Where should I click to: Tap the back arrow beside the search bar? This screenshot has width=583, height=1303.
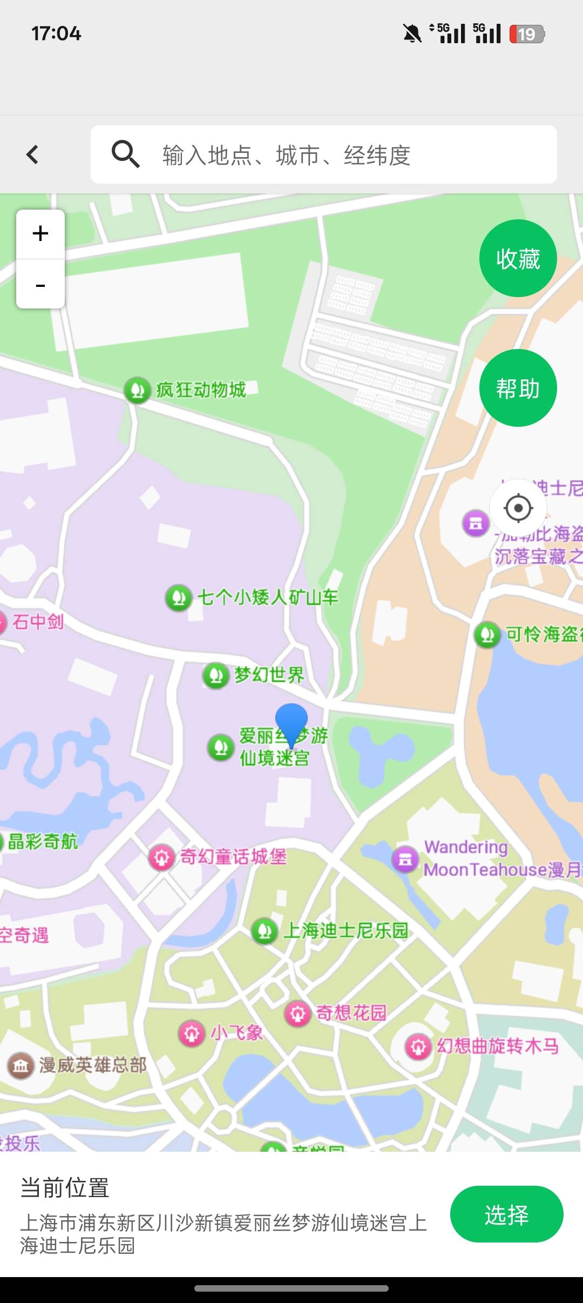click(x=32, y=155)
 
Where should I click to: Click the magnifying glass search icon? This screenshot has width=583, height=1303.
click(x=125, y=155)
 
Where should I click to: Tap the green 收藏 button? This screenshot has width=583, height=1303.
click(x=518, y=259)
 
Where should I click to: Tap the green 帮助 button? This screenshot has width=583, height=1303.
click(x=518, y=388)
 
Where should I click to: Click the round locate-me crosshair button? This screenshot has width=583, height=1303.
click(x=518, y=508)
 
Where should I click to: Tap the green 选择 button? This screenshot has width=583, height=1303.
click(x=506, y=1215)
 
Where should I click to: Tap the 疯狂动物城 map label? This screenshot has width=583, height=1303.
click(x=201, y=389)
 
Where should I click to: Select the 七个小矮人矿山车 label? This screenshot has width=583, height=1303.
click(x=268, y=597)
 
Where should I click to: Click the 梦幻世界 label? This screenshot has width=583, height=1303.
click(x=269, y=675)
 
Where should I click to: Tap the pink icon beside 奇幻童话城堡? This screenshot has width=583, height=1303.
click(x=161, y=857)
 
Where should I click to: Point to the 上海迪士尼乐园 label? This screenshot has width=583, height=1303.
click(x=345, y=930)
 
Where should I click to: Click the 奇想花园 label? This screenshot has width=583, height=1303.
click(x=351, y=1012)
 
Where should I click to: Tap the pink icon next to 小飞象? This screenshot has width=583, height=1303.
click(x=192, y=1033)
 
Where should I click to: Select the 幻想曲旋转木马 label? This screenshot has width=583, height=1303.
click(x=497, y=1046)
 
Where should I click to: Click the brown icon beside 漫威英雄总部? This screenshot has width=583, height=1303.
click(x=21, y=1066)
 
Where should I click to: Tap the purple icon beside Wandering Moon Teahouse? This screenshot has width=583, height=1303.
click(x=405, y=858)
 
